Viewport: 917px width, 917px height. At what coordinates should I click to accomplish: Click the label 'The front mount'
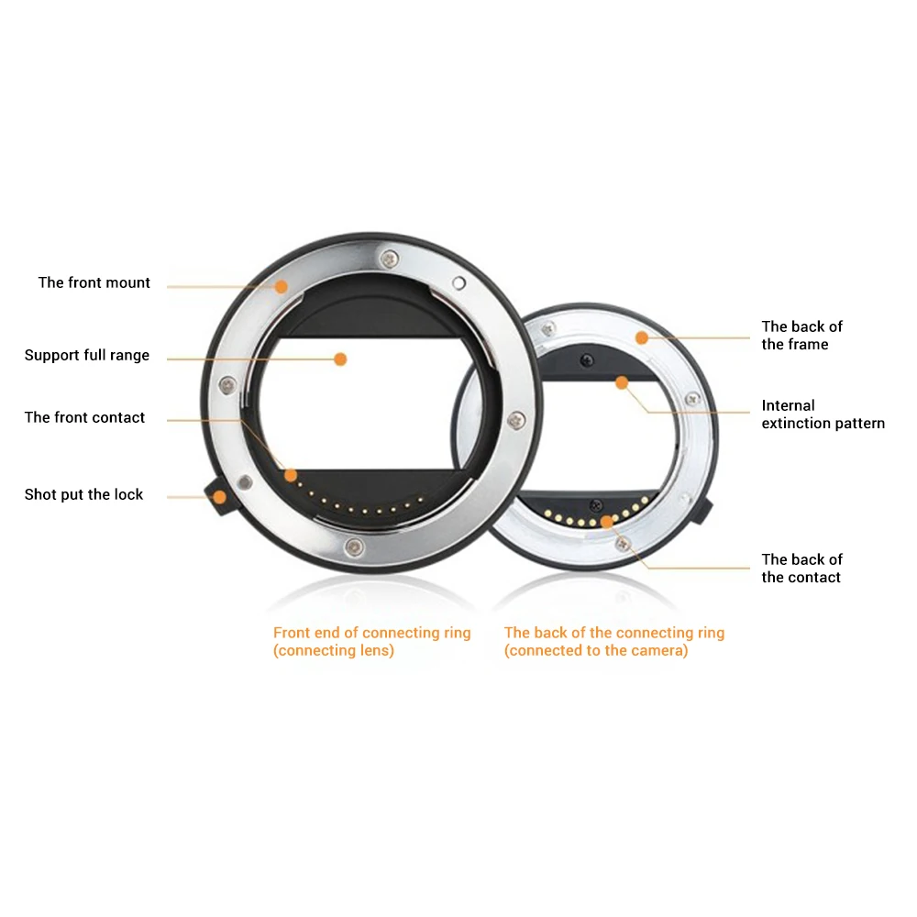click(94, 283)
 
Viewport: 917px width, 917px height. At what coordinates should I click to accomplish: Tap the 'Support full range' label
click(87, 356)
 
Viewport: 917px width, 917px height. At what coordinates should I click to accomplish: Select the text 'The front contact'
click(84, 417)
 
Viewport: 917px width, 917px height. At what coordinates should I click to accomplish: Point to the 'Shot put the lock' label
click(83, 495)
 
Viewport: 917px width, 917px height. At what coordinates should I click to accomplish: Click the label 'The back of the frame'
click(801, 335)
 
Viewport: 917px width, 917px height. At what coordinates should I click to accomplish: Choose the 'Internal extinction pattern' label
click(823, 414)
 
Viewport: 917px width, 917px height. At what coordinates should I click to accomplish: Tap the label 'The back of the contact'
click(801, 569)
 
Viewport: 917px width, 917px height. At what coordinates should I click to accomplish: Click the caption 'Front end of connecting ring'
click(372, 633)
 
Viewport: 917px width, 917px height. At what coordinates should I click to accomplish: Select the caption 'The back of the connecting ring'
click(614, 633)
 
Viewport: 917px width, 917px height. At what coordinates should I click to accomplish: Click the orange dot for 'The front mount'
click(282, 286)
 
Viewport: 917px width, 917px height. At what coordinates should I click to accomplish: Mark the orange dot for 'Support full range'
click(340, 359)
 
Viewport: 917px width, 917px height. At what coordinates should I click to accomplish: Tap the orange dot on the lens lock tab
click(219, 497)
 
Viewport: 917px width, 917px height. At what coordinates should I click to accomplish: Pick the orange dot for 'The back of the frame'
click(642, 337)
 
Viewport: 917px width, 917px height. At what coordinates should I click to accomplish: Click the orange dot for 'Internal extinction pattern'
click(622, 383)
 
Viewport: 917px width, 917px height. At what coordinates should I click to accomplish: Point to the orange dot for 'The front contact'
click(291, 475)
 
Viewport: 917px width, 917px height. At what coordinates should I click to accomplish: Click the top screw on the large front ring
click(390, 259)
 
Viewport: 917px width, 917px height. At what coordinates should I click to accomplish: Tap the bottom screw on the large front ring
click(354, 547)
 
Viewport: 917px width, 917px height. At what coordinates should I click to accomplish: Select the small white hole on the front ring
click(459, 283)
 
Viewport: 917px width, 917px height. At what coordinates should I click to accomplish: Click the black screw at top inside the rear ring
click(587, 360)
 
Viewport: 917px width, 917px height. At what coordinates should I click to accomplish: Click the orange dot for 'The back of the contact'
click(607, 522)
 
